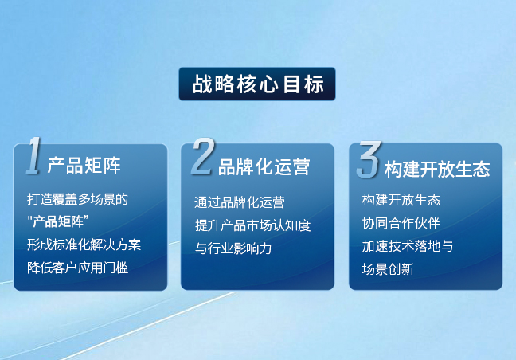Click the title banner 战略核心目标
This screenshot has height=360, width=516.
click(257, 84)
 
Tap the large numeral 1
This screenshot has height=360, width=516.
click(33, 157)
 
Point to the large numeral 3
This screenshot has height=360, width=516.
click(368, 159)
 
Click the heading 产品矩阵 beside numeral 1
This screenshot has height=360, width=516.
click(84, 166)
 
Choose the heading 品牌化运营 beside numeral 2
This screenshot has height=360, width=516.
click(264, 166)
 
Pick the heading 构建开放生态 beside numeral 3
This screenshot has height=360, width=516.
click(436, 169)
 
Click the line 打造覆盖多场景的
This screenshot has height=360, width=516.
click(77, 198)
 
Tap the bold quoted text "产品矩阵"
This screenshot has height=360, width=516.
click(57, 220)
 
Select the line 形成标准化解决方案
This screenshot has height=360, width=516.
click(84, 244)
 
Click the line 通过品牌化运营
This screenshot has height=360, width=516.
click(240, 202)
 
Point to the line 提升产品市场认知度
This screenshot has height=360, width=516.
click(252, 225)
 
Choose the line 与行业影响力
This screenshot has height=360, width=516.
click(233, 248)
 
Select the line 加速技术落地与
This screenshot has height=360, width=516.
click(407, 246)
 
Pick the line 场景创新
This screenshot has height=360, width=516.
click(388, 269)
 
